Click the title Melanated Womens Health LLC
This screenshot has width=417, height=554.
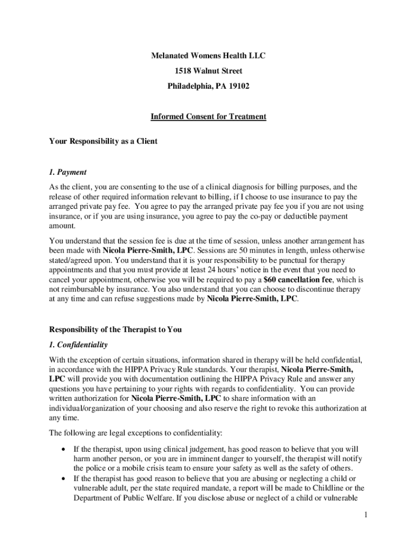[x=208, y=56]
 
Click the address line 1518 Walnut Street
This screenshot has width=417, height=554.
[x=208, y=71]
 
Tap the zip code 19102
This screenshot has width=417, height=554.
[x=239, y=86]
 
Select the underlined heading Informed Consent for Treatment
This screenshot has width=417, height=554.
[x=208, y=116]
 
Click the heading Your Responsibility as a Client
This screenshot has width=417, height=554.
[x=103, y=141]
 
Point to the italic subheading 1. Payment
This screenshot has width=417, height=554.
[x=68, y=172]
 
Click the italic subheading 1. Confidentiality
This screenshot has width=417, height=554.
[x=79, y=345]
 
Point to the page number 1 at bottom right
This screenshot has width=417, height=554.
[x=366, y=515]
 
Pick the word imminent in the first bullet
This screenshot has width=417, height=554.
[x=203, y=459]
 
